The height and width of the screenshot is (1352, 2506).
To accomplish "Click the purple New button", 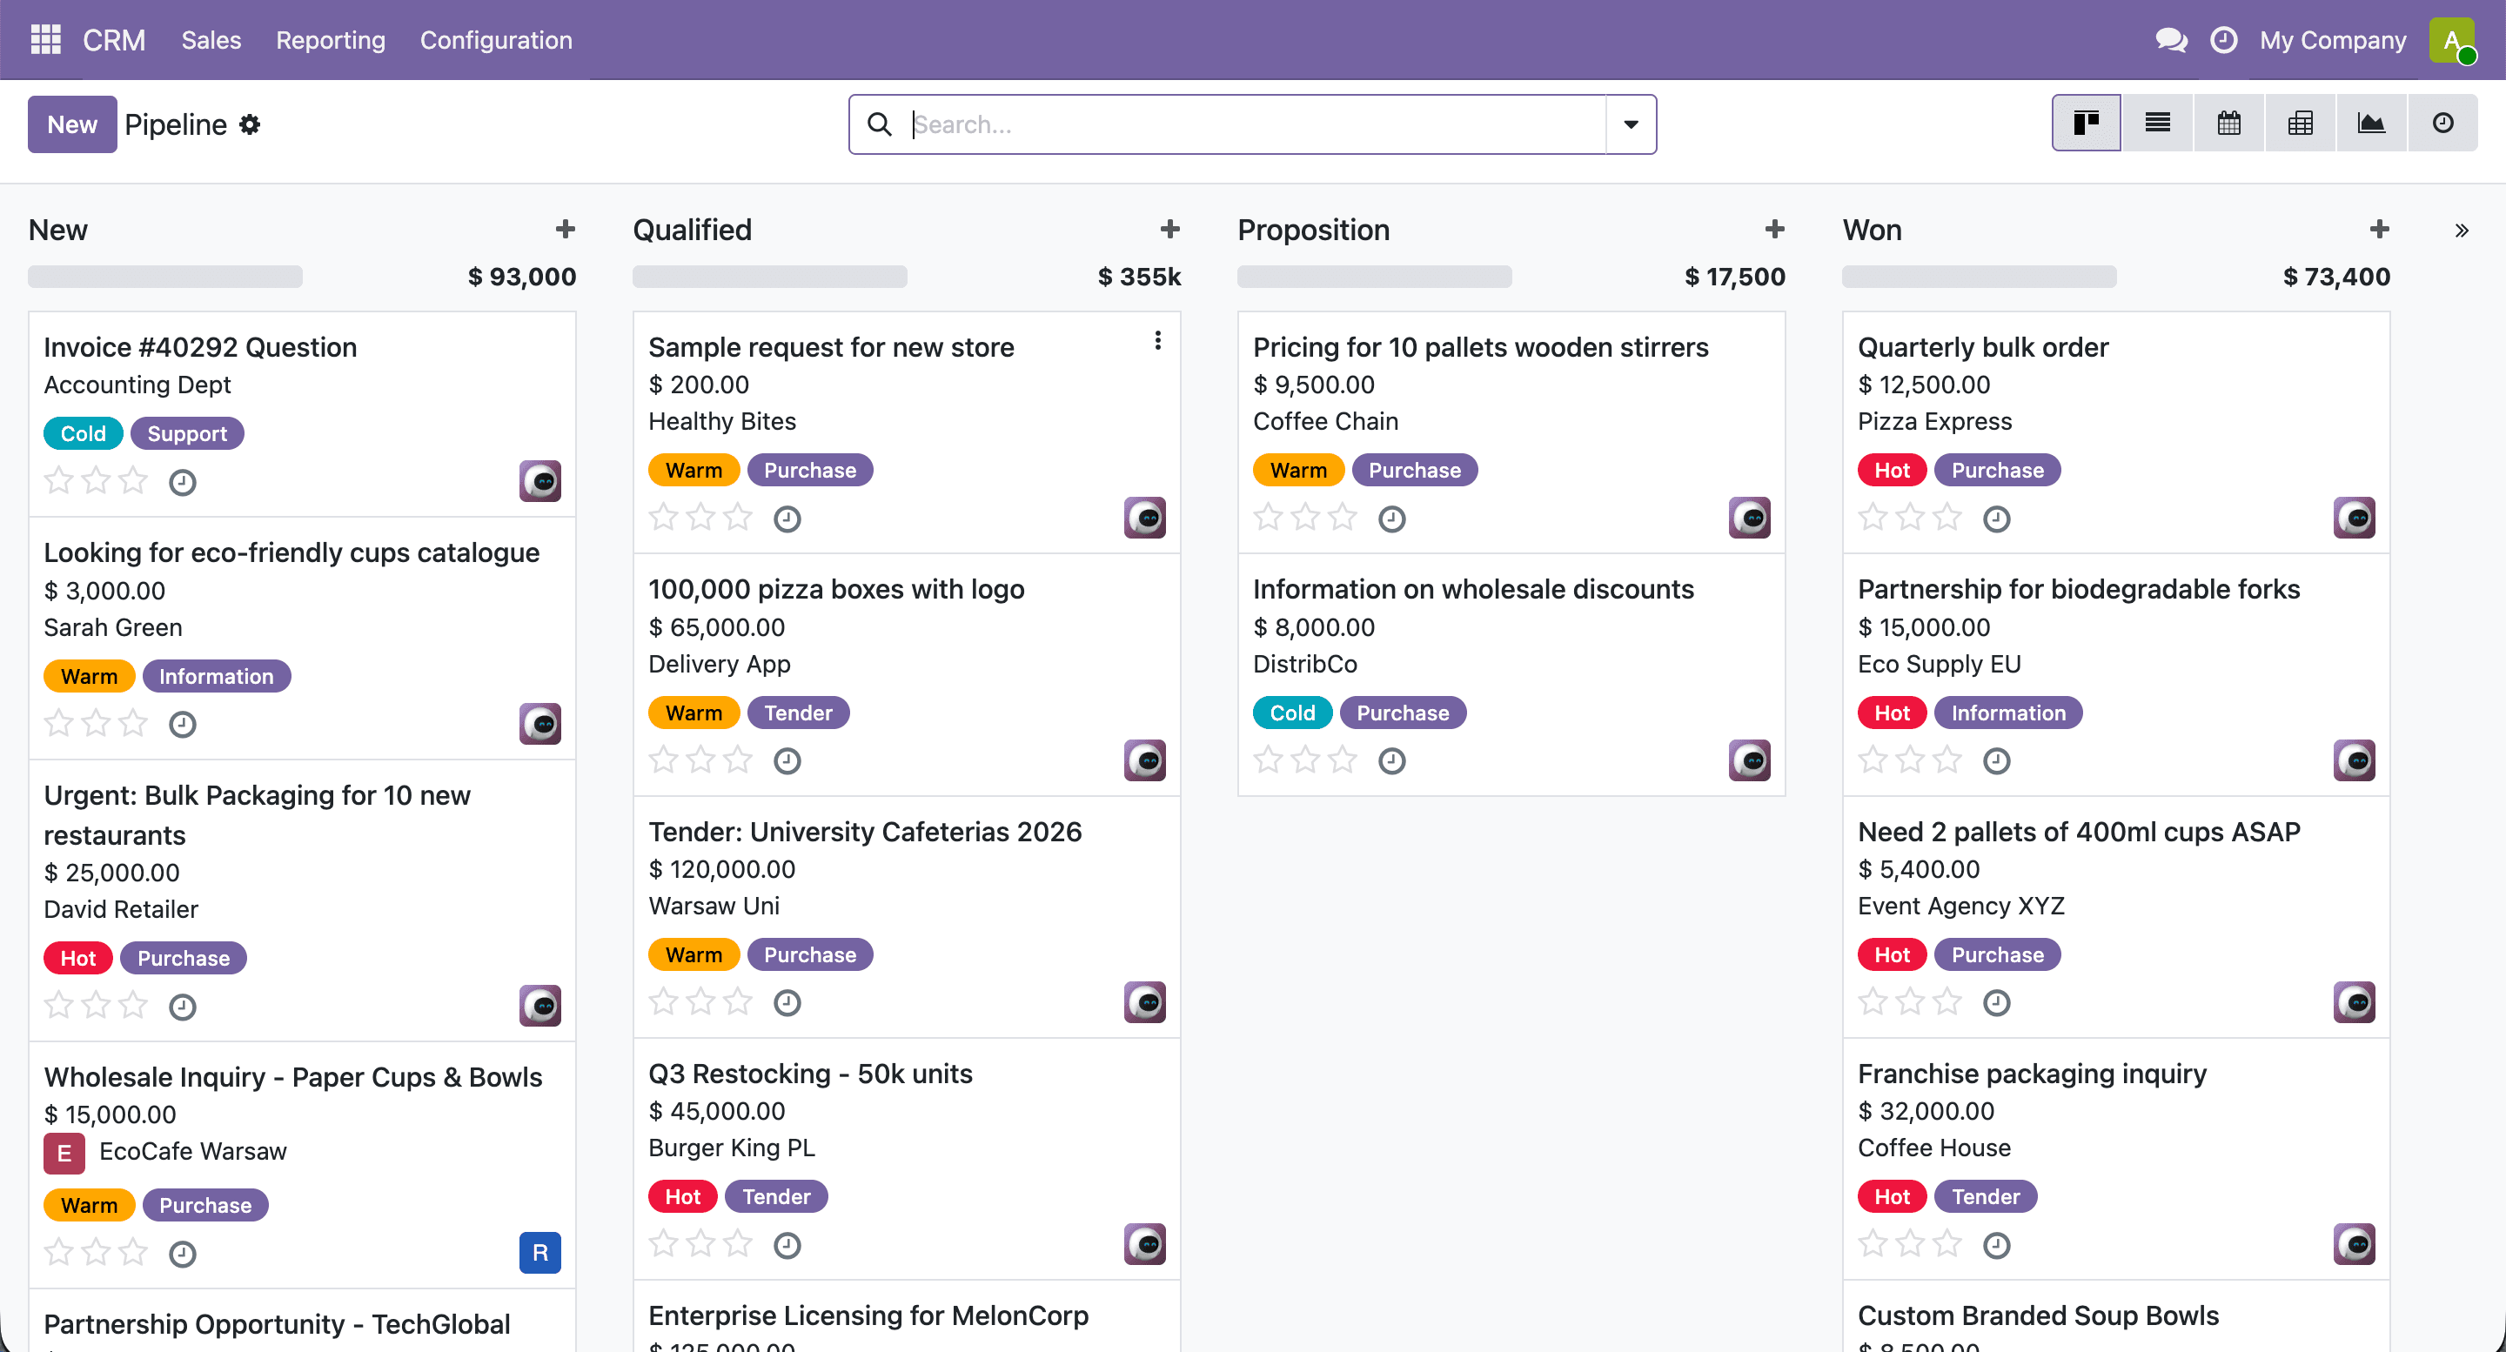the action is pyautogui.click(x=72, y=124).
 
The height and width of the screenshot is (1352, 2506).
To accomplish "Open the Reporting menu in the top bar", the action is pyautogui.click(x=331, y=40).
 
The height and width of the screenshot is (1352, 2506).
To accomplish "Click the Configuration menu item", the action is pyautogui.click(x=496, y=40).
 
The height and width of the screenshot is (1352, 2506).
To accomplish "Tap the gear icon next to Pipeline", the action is pyautogui.click(x=250, y=124).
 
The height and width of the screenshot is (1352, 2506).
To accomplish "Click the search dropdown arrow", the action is pyautogui.click(x=1631, y=124).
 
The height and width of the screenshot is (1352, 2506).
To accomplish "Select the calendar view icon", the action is pyautogui.click(x=2228, y=124).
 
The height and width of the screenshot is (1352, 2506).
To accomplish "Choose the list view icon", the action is pyautogui.click(x=2158, y=124).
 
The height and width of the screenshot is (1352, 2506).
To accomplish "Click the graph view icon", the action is pyautogui.click(x=2371, y=124).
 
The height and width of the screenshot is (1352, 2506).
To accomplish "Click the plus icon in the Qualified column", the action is pyautogui.click(x=1169, y=230).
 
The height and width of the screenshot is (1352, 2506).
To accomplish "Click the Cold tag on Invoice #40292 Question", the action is pyautogui.click(x=83, y=434).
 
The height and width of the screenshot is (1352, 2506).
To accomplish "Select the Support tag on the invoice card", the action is pyautogui.click(x=187, y=434).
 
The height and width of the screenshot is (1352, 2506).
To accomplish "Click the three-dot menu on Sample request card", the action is pyautogui.click(x=1157, y=340).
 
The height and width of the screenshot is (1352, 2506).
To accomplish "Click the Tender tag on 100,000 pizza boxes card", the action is pyautogui.click(x=798, y=713).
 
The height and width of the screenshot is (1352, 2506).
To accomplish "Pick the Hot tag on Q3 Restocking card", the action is pyautogui.click(x=682, y=1196).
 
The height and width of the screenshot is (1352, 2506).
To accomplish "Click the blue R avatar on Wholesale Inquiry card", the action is pyautogui.click(x=539, y=1253).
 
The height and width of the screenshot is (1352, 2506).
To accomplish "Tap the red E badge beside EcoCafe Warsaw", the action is pyautogui.click(x=64, y=1154).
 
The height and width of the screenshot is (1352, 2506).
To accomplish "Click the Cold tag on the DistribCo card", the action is pyautogui.click(x=1292, y=713).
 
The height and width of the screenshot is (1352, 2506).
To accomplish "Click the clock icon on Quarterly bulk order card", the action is pyautogui.click(x=1996, y=519).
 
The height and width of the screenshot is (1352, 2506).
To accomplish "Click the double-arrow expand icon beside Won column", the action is pyautogui.click(x=2462, y=231).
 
